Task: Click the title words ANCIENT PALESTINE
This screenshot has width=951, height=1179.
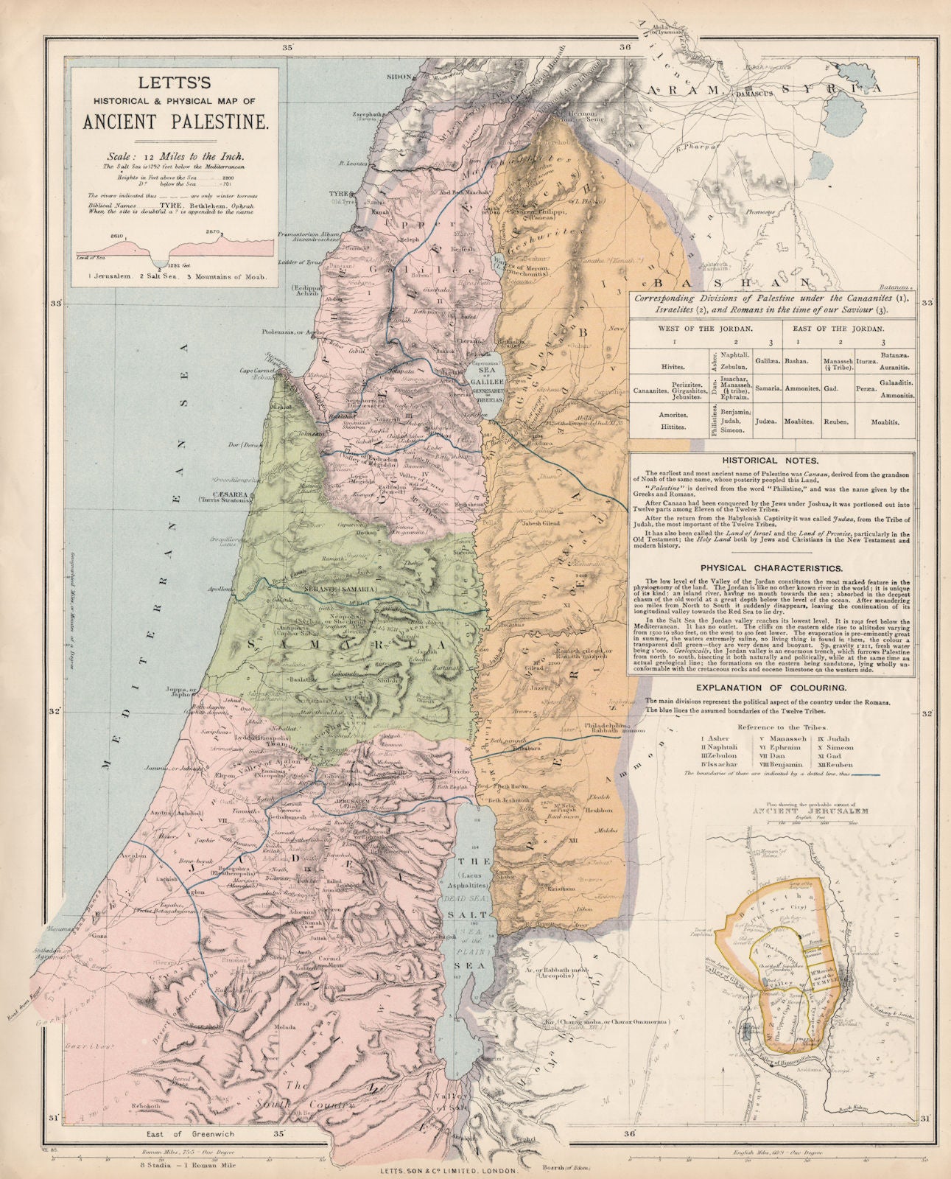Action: coord(173,119)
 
